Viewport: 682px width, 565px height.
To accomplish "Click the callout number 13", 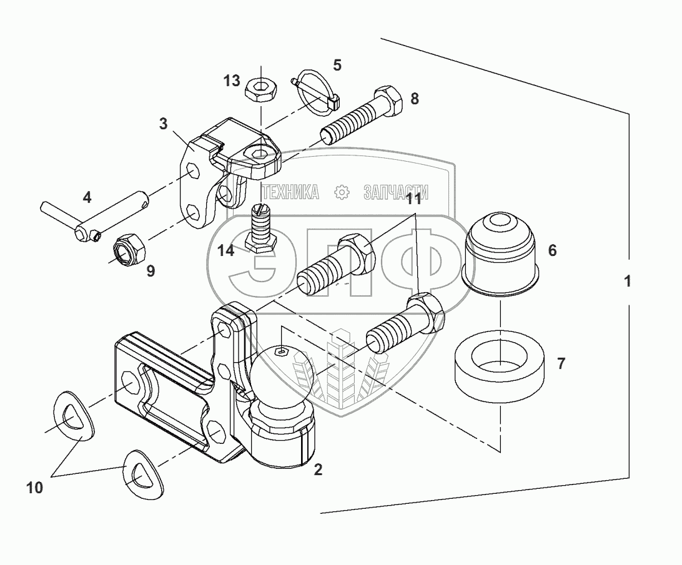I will point(232,81).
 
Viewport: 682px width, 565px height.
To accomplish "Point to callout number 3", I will point(164,123).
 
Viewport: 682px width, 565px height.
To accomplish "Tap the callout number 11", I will point(413,200).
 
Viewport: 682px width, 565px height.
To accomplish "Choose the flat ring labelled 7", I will point(501,366).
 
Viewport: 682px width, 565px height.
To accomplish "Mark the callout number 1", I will point(627,282).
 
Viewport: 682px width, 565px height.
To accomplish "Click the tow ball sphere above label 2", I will point(284,376).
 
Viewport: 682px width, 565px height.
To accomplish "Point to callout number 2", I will point(318,470).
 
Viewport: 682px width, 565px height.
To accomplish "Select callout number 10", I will point(35,487).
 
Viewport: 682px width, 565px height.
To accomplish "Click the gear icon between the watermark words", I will point(342,192).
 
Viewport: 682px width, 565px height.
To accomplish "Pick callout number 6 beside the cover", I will point(552,250).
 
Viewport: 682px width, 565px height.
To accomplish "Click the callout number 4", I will point(87,198).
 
